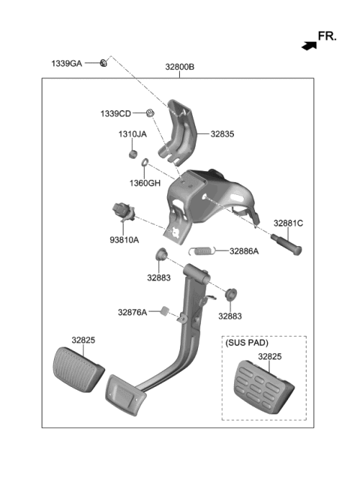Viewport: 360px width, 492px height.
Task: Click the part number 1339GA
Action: point(67,64)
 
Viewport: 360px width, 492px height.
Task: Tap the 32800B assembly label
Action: point(180,67)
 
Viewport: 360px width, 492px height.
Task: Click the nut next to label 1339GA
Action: point(104,63)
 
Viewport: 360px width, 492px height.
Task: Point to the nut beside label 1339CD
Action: point(151,113)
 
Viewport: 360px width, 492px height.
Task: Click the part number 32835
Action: point(222,134)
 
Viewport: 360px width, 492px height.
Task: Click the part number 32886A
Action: point(244,251)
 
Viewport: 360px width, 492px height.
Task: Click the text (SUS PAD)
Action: point(246,343)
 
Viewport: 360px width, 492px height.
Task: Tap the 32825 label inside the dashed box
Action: point(270,357)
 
